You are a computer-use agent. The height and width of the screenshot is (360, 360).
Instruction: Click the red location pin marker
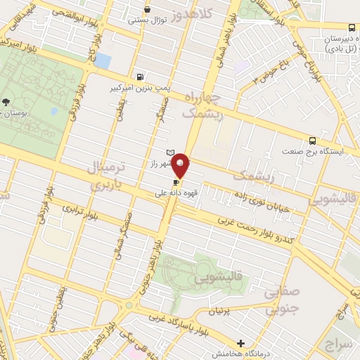pos(181,166)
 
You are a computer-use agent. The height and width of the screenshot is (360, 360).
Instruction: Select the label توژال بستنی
pos(146,20)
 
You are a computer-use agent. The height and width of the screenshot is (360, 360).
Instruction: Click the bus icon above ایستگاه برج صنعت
pos(312,140)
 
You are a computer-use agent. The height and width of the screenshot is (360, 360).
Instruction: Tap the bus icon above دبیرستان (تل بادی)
pos(352,27)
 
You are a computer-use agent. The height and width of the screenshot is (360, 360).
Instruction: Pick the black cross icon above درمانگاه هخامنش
pos(241,343)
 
